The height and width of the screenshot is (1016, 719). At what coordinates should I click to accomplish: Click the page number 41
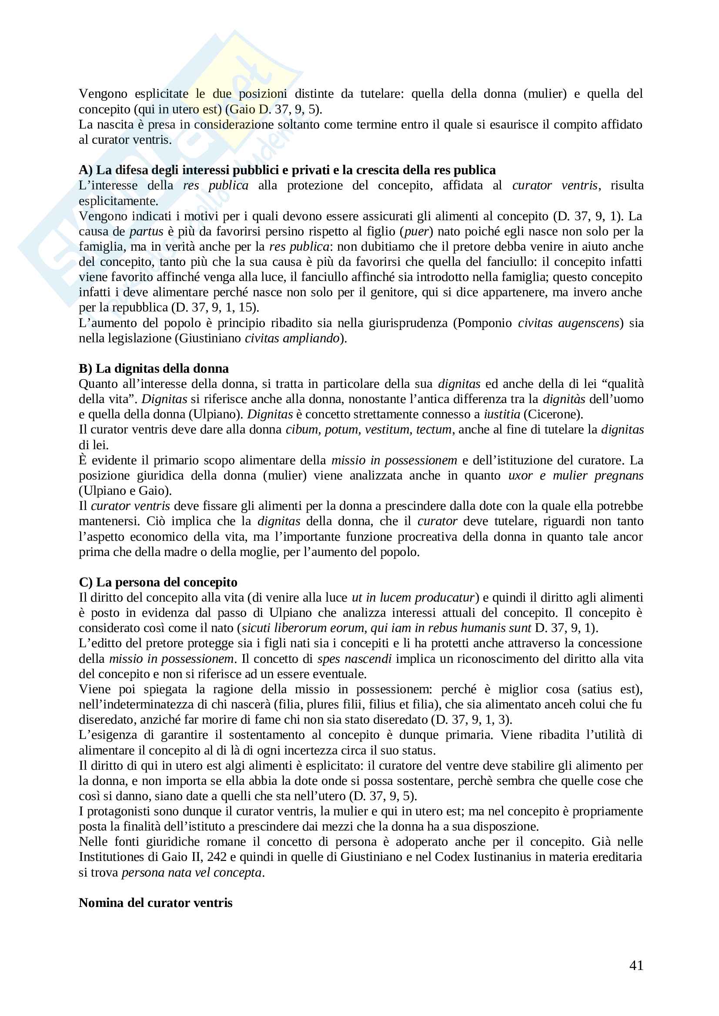636,965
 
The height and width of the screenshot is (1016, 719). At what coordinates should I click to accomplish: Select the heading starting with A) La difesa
287,170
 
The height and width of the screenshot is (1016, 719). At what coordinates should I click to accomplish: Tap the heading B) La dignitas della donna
154,368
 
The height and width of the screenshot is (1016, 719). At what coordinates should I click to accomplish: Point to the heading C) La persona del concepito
158,582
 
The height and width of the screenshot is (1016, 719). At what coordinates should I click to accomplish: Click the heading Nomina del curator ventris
155,903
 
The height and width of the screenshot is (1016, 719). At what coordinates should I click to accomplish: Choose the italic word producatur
446,597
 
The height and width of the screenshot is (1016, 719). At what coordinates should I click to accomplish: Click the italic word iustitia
502,414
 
